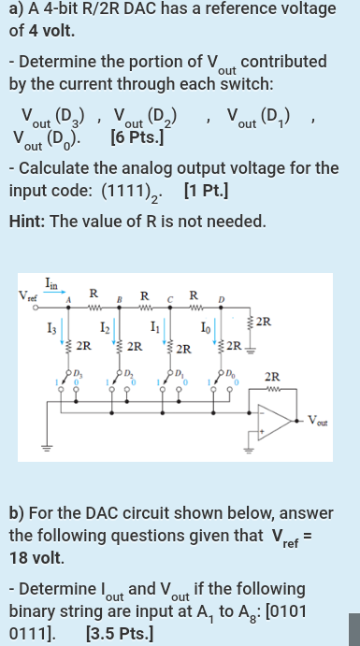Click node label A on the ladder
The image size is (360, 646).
coord(68,300)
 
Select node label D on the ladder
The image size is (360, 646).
coord(223,300)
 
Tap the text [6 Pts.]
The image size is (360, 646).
coord(137,140)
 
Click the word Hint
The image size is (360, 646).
coord(28,223)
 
